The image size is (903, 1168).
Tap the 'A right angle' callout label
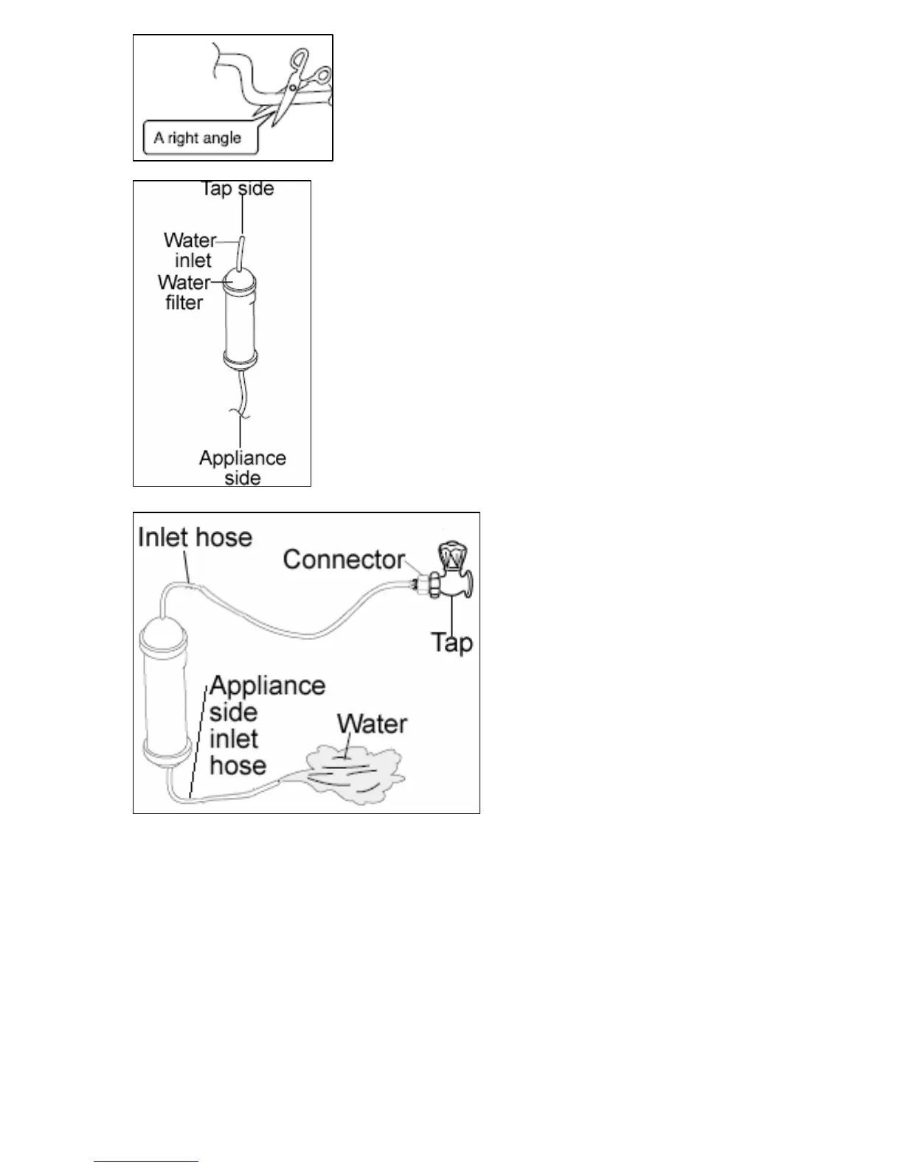coord(198,138)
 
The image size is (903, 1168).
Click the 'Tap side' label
coord(238,189)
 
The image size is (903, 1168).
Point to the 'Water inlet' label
coord(190,250)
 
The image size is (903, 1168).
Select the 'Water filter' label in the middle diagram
coord(183,292)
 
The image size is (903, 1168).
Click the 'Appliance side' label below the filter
coord(242,467)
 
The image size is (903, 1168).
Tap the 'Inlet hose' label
coord(195,537)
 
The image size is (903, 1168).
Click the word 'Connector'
coord(344,560)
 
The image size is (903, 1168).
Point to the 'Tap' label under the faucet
coord(451,642)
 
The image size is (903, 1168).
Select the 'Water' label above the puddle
coord(372,723)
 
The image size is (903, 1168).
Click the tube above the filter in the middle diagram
coord(241,251)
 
